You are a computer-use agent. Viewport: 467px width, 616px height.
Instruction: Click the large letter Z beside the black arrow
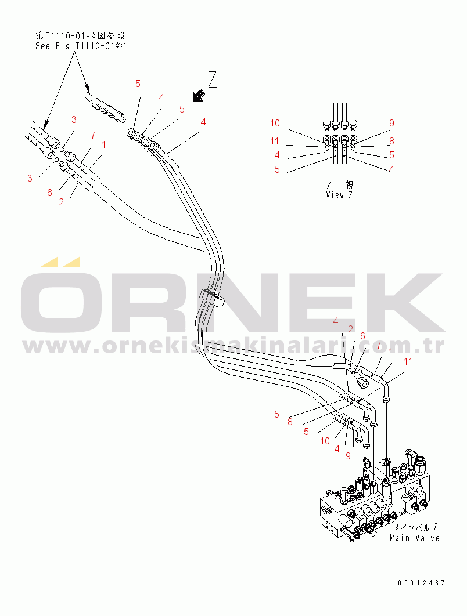[x=213, y=79]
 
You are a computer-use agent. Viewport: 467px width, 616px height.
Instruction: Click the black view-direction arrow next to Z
[x=199, y=96]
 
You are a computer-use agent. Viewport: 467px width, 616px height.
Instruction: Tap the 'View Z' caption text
[x=339, y=195]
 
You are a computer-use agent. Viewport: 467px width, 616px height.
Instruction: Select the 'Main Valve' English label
[x=415, y=538]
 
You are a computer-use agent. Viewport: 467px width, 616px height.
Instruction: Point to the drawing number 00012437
[x=421, y=583]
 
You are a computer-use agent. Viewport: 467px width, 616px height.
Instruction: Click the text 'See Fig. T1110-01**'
[x=80, y=46]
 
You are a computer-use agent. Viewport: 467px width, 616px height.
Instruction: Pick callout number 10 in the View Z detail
[x=275, y=124]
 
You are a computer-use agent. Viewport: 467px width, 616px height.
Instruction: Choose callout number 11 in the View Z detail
[x=274, y=141]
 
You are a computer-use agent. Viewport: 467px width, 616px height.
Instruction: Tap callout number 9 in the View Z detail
[x=391, y=124]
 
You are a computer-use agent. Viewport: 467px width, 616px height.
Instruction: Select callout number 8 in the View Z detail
[x=391, y=141]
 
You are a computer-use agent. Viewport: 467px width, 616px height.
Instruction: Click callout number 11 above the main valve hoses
[x=408, y=361]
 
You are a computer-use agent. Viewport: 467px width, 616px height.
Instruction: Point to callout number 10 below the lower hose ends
[x=325, y=441]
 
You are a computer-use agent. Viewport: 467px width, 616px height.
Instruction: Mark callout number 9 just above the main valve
[x=348, y=456]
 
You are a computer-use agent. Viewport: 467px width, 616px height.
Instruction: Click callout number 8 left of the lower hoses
[x=290, y=422]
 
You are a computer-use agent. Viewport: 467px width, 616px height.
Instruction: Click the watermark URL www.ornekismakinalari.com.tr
[x=233, y=346]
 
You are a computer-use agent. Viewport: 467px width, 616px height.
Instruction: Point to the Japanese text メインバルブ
[x=415, y=528]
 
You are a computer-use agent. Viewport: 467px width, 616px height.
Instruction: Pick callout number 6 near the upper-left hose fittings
[x=49, y=193]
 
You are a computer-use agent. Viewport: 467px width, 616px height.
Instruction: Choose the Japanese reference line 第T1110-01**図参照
[x=80, y=36]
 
